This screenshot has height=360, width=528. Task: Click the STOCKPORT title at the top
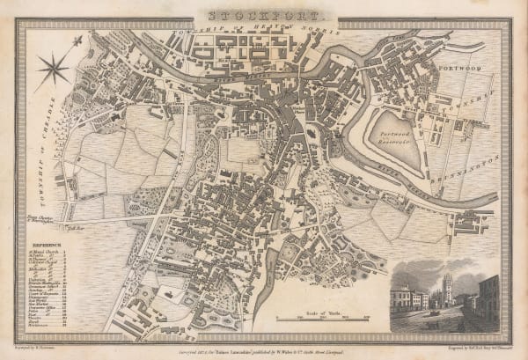pos(264,15)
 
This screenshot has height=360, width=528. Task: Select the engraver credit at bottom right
pos(465,346)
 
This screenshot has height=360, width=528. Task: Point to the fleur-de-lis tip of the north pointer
pos(80,39)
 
